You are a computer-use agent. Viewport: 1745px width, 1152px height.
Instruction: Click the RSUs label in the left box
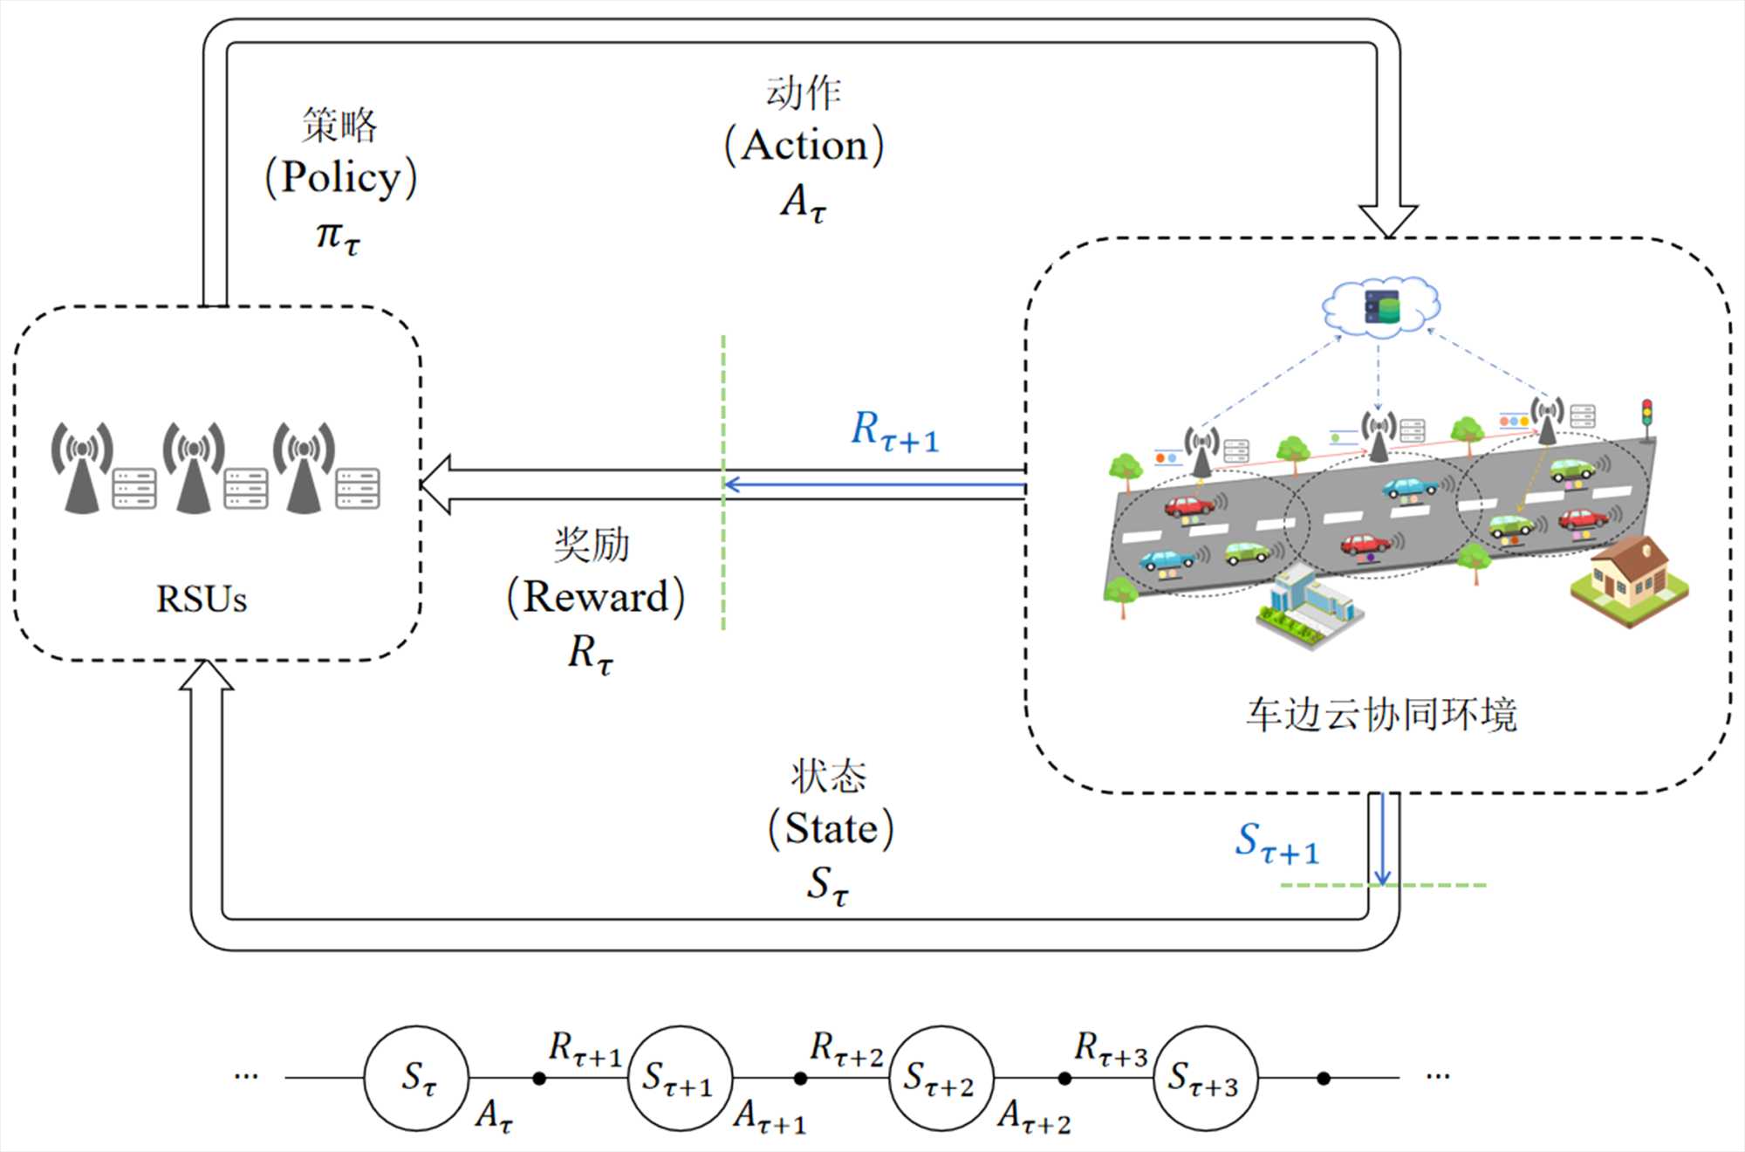(x=202, y=599)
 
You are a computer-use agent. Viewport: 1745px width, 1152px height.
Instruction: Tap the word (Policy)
(x=341, y=177)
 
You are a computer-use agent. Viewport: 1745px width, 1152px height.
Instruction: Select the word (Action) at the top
(x=804, y=145)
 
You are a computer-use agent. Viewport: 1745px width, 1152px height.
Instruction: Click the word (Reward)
(x=596, y=597)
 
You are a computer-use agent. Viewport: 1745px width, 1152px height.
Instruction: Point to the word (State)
(x=831, y=828)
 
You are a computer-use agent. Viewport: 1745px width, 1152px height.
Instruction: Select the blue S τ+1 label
(x=1276, y=843)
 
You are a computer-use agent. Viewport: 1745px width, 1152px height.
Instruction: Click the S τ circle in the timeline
(x=416, y=1078)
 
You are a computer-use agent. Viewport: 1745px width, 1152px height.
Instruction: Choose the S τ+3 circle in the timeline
(x=1204, y=1078)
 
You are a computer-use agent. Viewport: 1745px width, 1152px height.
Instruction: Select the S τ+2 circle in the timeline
(x=941, y=1078)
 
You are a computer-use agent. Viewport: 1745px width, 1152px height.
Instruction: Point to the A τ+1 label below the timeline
(x=770, y=1116)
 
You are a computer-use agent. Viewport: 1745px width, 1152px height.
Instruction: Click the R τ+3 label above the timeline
(x=1110, y=1047)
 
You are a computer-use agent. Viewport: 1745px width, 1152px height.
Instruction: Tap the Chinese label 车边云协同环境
(x=1381, y=714)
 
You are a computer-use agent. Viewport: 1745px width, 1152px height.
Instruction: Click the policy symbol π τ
(x=338, y=236)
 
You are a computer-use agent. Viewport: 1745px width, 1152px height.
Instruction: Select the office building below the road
(x=1306, y=606)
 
